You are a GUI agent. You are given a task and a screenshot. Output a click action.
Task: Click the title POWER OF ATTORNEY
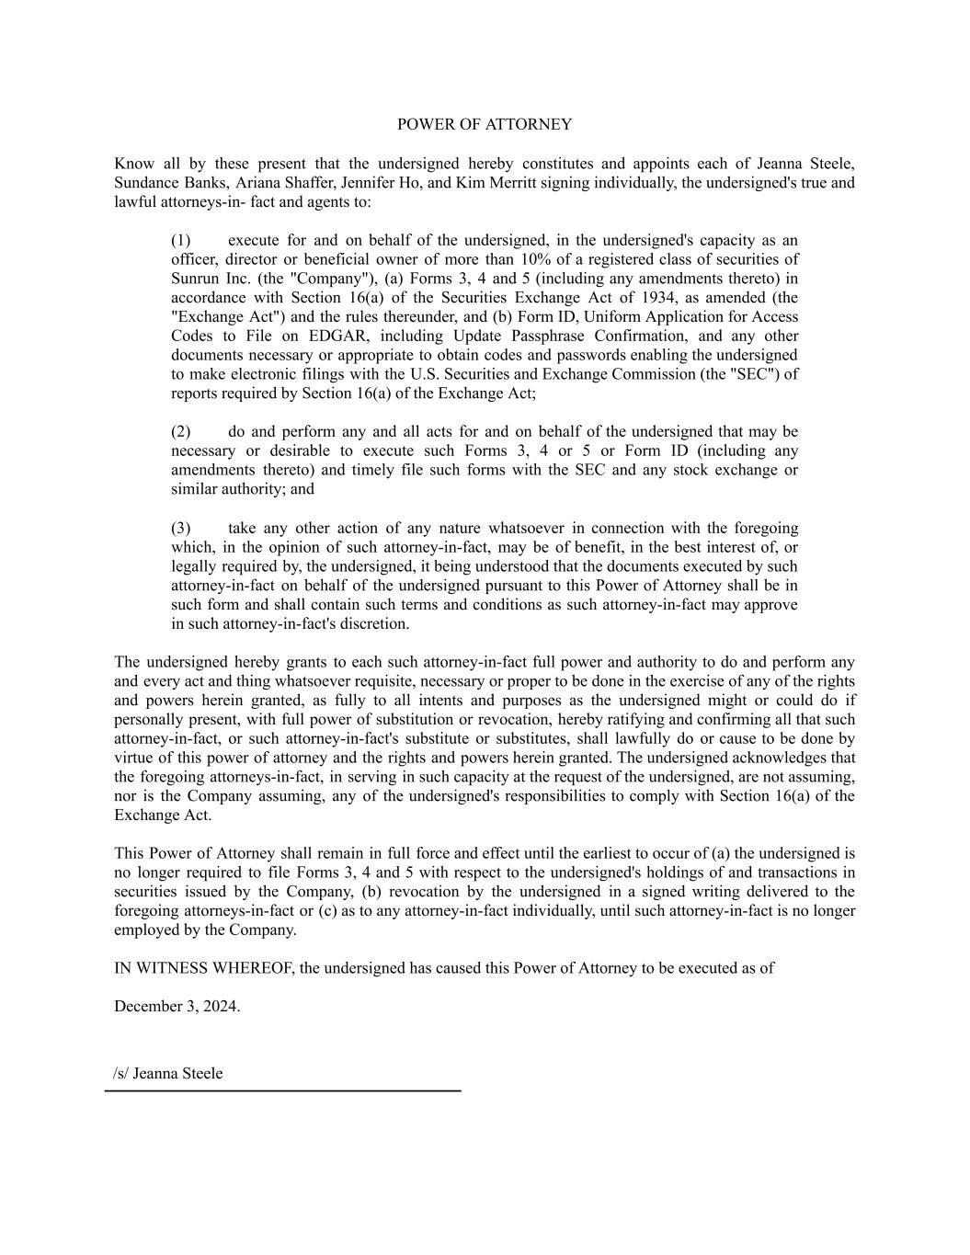[x=484, y=124]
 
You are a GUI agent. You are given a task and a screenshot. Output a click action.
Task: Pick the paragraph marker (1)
[x=180, y=241]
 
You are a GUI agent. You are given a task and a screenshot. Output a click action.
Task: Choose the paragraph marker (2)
[x=180, y=431]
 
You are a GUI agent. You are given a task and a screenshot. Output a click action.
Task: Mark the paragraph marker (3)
[x=180, y=528]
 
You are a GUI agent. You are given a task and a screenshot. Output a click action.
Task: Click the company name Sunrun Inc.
[x=202, y=280]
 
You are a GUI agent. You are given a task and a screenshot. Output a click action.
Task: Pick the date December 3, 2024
[x=177, y=1006]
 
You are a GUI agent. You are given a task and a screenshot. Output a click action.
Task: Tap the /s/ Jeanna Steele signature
[x=168, y=1074]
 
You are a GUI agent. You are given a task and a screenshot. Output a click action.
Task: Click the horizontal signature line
[x=282, y=1090]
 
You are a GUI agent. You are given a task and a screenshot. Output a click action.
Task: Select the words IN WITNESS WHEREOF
[x=202, y=968]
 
